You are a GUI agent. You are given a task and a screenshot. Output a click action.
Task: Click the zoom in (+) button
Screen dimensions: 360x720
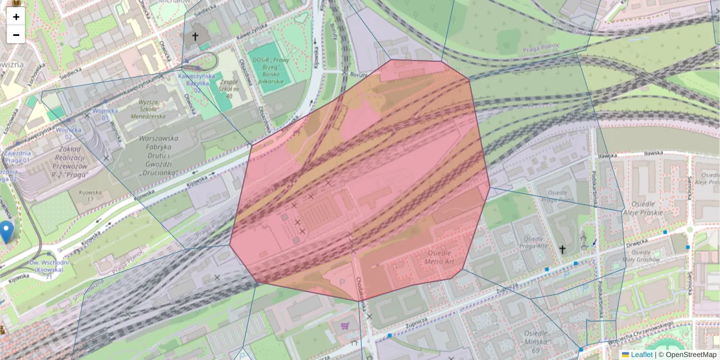point(16,17)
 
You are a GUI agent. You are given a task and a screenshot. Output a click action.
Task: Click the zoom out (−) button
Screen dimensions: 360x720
point(16,35)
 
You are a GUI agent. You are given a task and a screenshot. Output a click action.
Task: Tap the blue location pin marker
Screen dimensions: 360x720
point(6,232)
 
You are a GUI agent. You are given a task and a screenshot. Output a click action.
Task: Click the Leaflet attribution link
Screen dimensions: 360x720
point(641,355)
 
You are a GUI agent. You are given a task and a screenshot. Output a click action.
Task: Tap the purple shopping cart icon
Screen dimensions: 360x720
point(344,326)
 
